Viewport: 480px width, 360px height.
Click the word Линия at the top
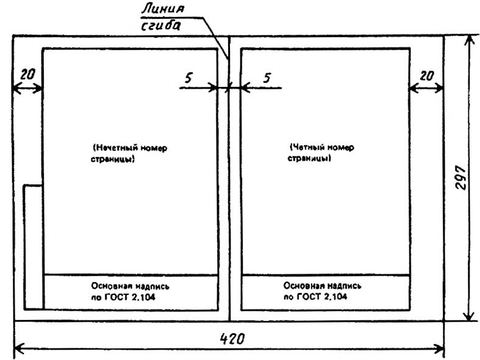[x=162, y=10]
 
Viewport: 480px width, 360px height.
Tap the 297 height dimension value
[x=461, y=177]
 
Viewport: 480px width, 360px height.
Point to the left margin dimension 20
[x=27, y=74]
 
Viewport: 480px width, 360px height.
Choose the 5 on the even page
[x=266, y=77]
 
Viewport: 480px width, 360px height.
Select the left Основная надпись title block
[x=131, y=292]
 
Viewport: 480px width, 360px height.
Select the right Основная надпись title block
[x=325, y=292]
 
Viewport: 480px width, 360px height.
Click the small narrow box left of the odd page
[x=33, y=246]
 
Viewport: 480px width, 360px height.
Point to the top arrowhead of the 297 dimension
[x=467, y=39]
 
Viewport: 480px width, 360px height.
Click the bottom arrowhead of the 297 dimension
[x=467, y=316]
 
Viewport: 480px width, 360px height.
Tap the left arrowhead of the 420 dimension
[x=17, y=348]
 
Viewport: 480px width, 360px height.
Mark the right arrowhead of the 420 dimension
[x=440, y=348]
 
